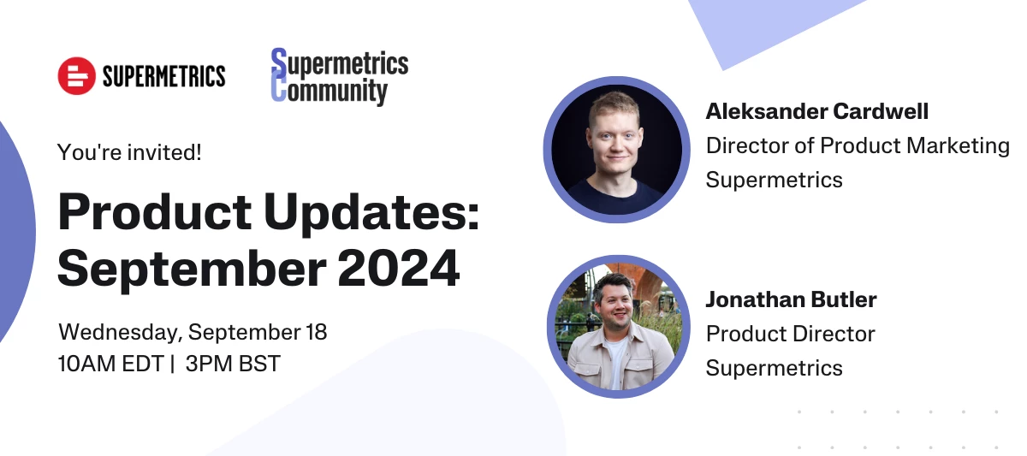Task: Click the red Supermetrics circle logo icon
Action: tap(76, 76)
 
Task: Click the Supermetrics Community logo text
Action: tap(340, 77)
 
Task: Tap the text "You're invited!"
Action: tap(129, 153)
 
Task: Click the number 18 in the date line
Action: tap(316, 332)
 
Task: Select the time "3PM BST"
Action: tap(233, 364)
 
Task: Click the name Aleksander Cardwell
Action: tap(816, 111)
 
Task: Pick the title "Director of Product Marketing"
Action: tap(858, 145)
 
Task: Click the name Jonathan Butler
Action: tap(791, 299)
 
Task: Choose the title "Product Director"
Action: tap(790, 334)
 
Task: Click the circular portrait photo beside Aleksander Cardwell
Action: tap(616, 149)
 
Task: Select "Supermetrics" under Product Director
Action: tap(774, 368)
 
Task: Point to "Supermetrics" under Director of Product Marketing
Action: tap(774, 180)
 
